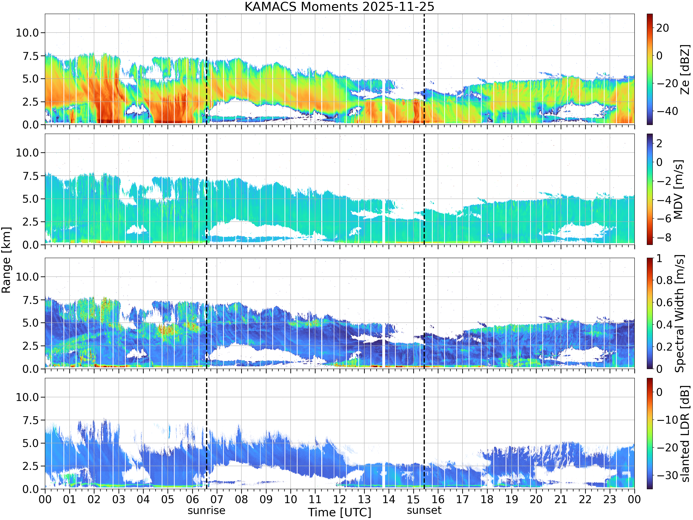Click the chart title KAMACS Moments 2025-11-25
pyautogui.click(x=339, y=6)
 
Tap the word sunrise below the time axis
pyautogui.click(x=207, y=511)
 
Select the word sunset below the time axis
pyautogui.click(x=424, y=510)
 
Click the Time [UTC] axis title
pyautogui.click(x=339, y=512)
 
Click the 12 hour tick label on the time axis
pyautogui.click(x=340, y=499)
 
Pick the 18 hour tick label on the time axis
pyautogui.click(x=487, y=499)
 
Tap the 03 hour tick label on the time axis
pyautogui.click(x=119, y=499)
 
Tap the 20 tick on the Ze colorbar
pyautogui.click(x=663, y=28)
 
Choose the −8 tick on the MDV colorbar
pyautogui.click(x=664, y=238)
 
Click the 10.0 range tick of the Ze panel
pyautogui.click(x=27, y=33)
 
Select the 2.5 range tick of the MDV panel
pyautogui.click(x=30, y=222)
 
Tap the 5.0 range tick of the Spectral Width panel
pyautogui.click(x=30, y=323)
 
